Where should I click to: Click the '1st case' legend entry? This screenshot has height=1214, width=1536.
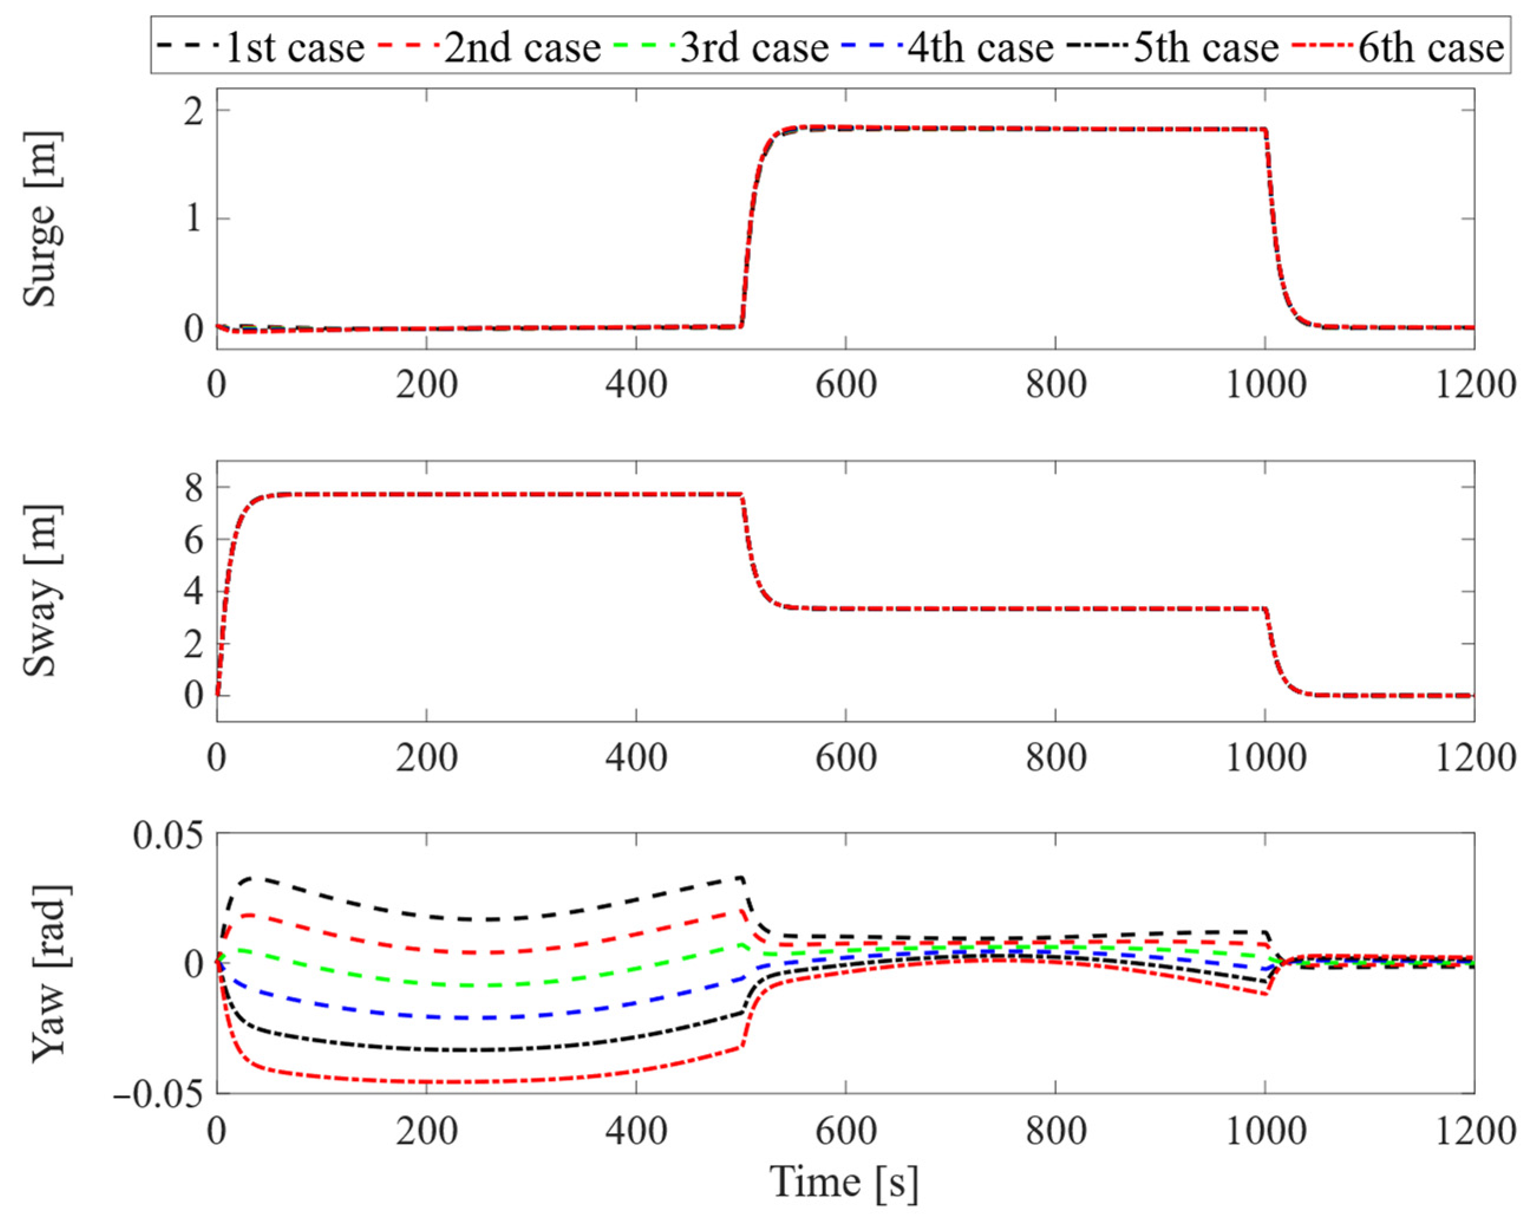(x=293, y=48)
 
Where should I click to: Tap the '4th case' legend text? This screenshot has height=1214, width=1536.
(x=980, y=48)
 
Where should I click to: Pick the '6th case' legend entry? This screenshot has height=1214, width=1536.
(x=1431, y=48)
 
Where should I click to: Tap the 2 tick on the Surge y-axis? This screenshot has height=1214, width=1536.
(x=194, y=112)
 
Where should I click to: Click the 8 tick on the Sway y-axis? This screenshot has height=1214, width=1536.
(x=194, y=487)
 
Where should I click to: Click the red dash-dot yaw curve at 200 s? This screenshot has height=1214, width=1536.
(x=426, y=1082)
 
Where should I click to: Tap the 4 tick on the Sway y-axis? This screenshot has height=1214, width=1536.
(x=194, y=592)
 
